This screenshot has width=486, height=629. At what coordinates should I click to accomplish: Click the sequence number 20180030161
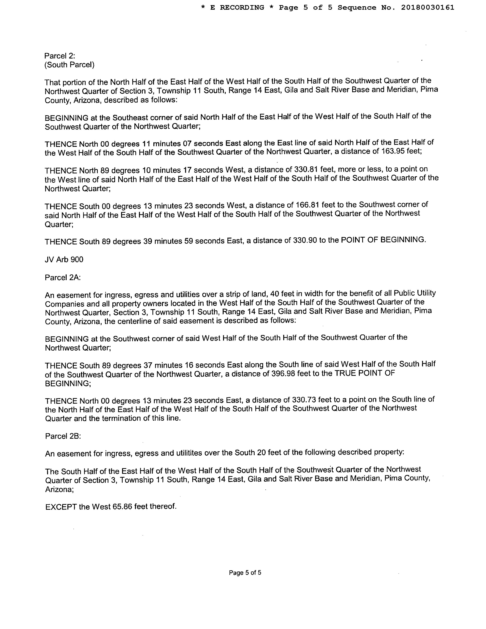coord(428,7)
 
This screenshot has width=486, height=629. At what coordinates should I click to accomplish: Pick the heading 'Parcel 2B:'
coord(63,436)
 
